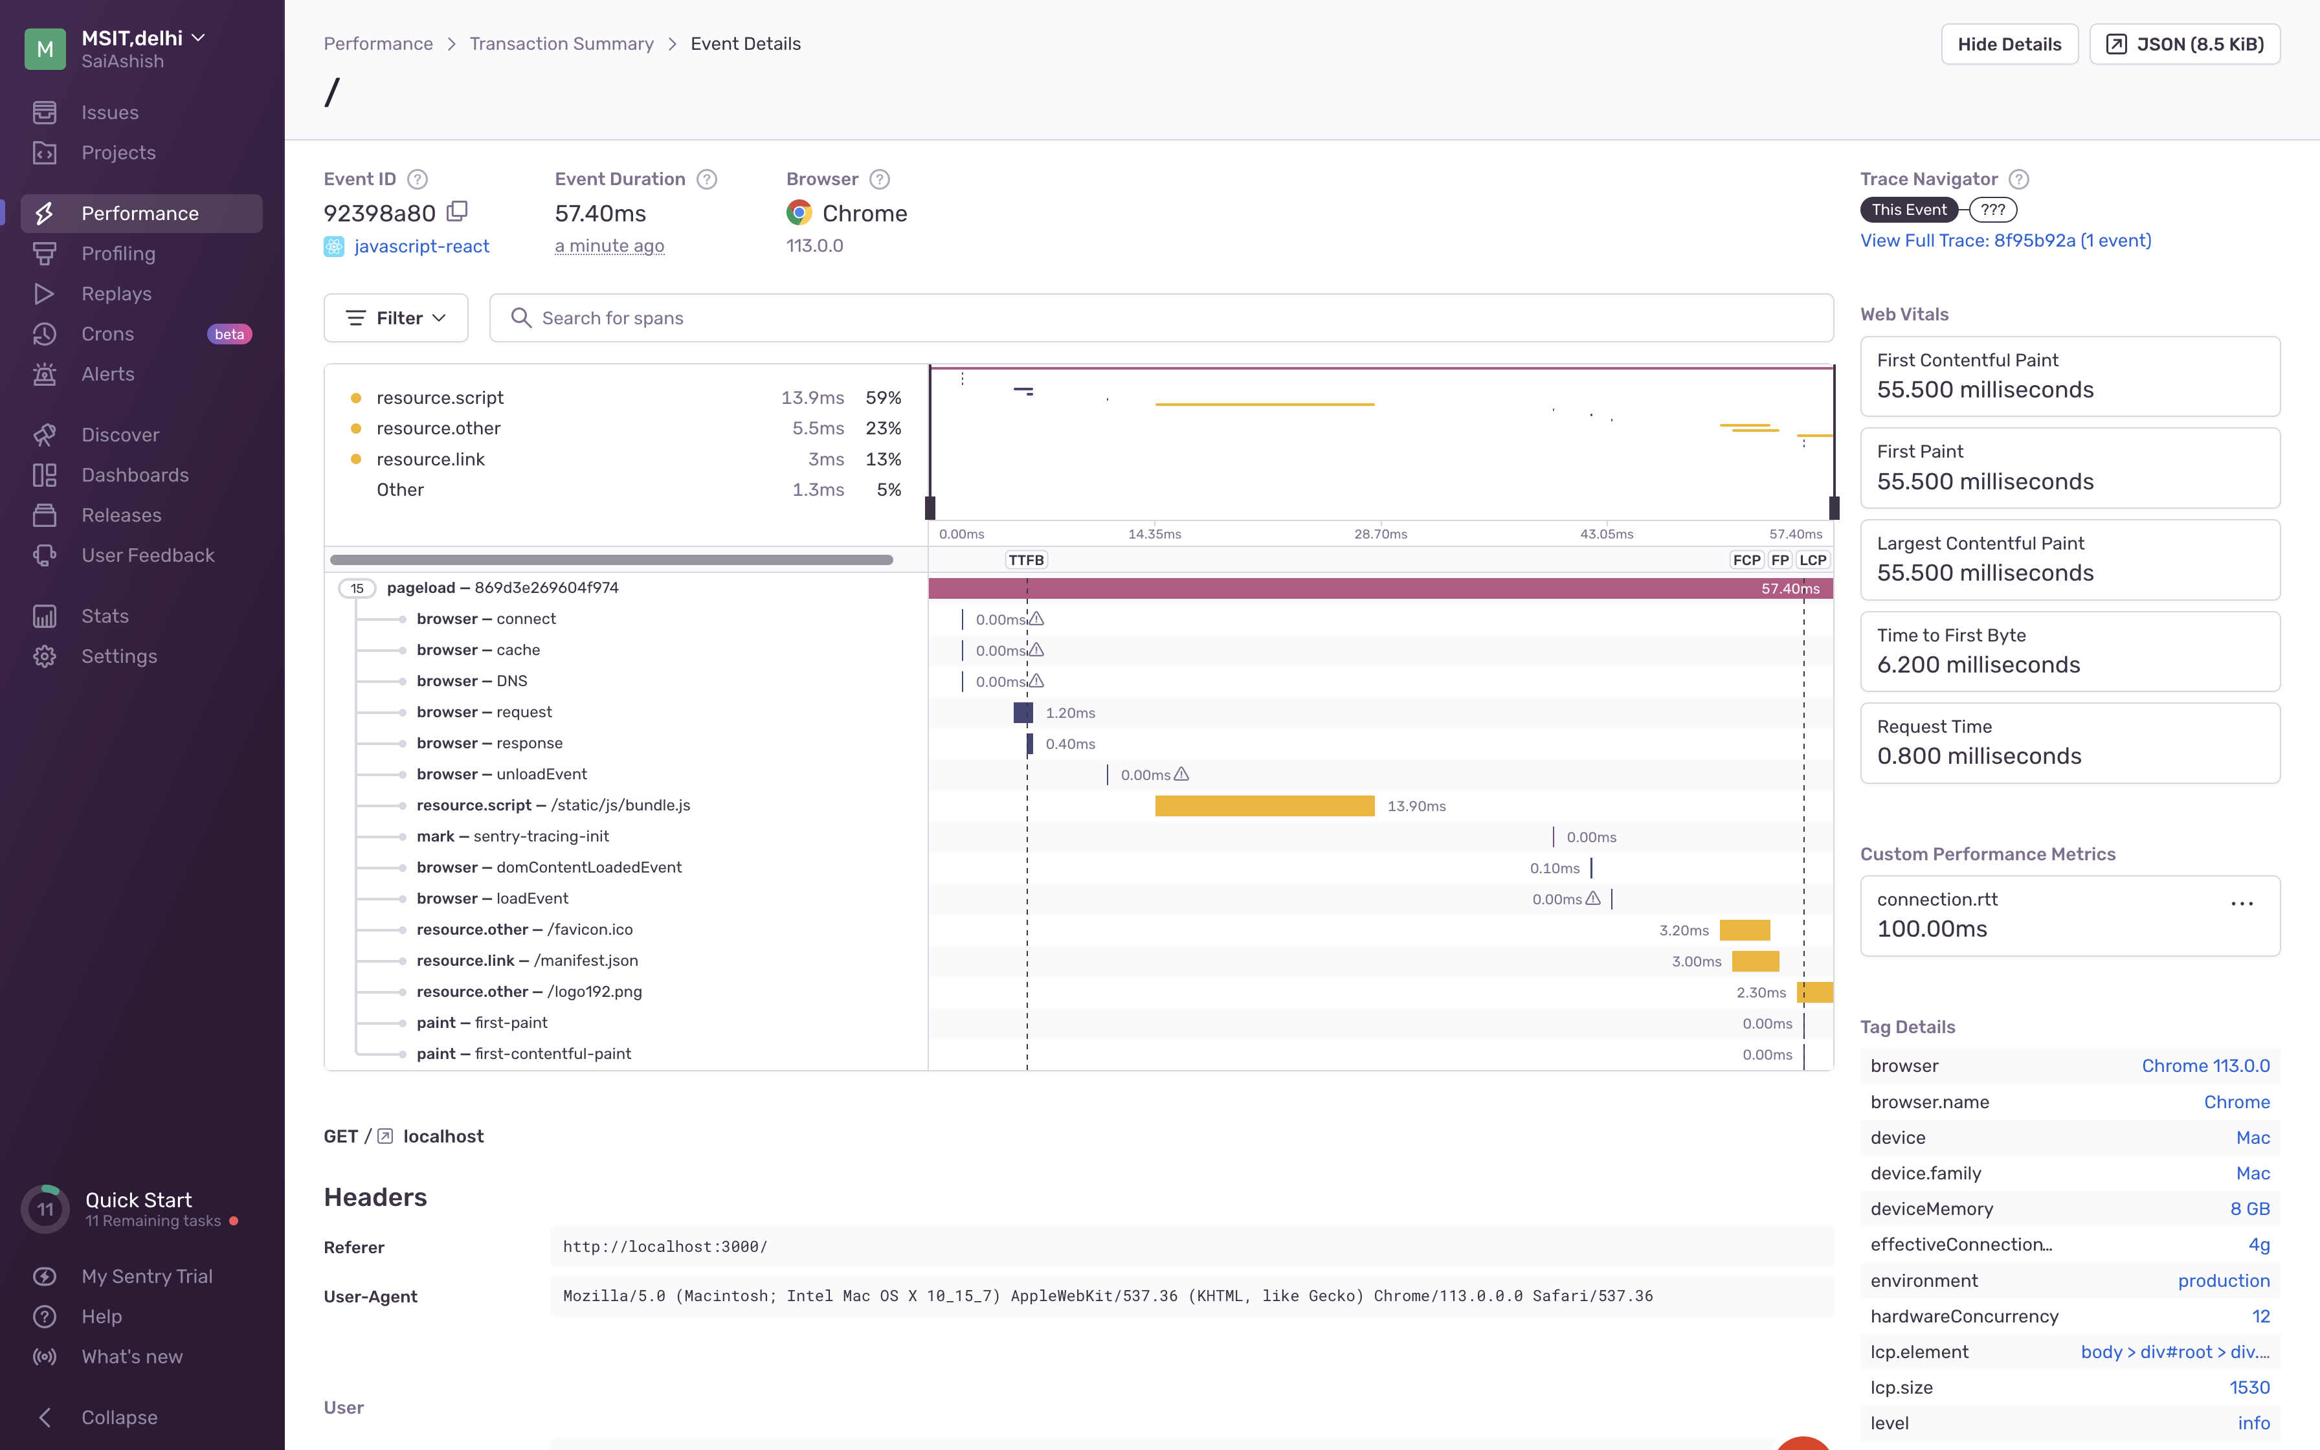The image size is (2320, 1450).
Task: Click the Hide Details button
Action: pyautogui.click(x=2009, y=44)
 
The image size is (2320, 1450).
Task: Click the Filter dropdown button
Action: pyautogui.click(x=396, y=317)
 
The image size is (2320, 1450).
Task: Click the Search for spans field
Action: pyautogui.click(x=1160, y=317)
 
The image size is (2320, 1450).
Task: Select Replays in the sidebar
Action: pyautogui.click(x=116, y=293)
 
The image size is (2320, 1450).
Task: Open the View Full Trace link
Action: pyautogui.click(x=2005, y=241)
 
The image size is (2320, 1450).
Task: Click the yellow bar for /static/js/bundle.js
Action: pyautogui.click(x=1264, y=805)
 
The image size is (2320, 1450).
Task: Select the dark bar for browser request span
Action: pyautogui.click(x=1022, y=713)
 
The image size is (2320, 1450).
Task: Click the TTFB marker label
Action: pyautogui.click(x=1026, y=560)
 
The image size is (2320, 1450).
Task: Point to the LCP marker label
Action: pyautogui.click(x=1812, y=560)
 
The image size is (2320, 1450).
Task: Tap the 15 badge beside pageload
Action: pyautogui.click(x=357, y=588)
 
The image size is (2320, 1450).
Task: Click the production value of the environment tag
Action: pyautogui.click(x=2222, y=1280)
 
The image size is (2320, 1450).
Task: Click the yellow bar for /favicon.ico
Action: pyautogui.click(x=1744, y=930)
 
